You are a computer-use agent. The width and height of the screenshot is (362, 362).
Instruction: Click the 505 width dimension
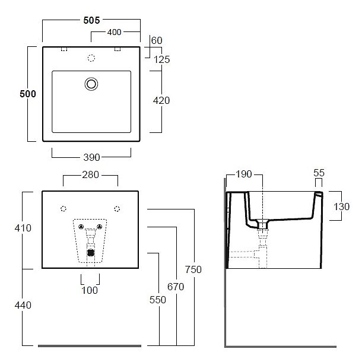tap(91, 19)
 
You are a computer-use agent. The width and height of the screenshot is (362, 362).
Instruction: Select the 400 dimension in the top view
tap(116, 31)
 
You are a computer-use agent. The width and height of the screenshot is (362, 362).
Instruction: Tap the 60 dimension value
tap(157, 40)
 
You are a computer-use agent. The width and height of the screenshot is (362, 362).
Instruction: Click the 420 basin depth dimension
tap(161, 100)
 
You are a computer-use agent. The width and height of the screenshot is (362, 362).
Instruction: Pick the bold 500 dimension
tap(27, 94)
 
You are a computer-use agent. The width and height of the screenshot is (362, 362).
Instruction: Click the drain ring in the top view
tap(91, 84)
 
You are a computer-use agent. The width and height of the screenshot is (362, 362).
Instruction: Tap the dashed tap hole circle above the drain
tap(91, 58)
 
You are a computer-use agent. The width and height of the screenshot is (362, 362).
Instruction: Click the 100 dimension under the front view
tap(91, 290)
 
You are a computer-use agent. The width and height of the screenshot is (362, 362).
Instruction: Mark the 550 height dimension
tap(158, 300)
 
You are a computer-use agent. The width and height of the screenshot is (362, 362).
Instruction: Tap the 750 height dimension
tap(193, 270)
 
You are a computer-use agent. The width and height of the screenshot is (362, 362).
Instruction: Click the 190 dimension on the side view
tap(244, 174)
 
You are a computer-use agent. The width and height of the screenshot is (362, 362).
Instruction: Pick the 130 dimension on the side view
tap(342, 207)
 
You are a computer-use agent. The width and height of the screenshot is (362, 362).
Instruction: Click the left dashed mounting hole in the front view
tap(64, 208)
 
